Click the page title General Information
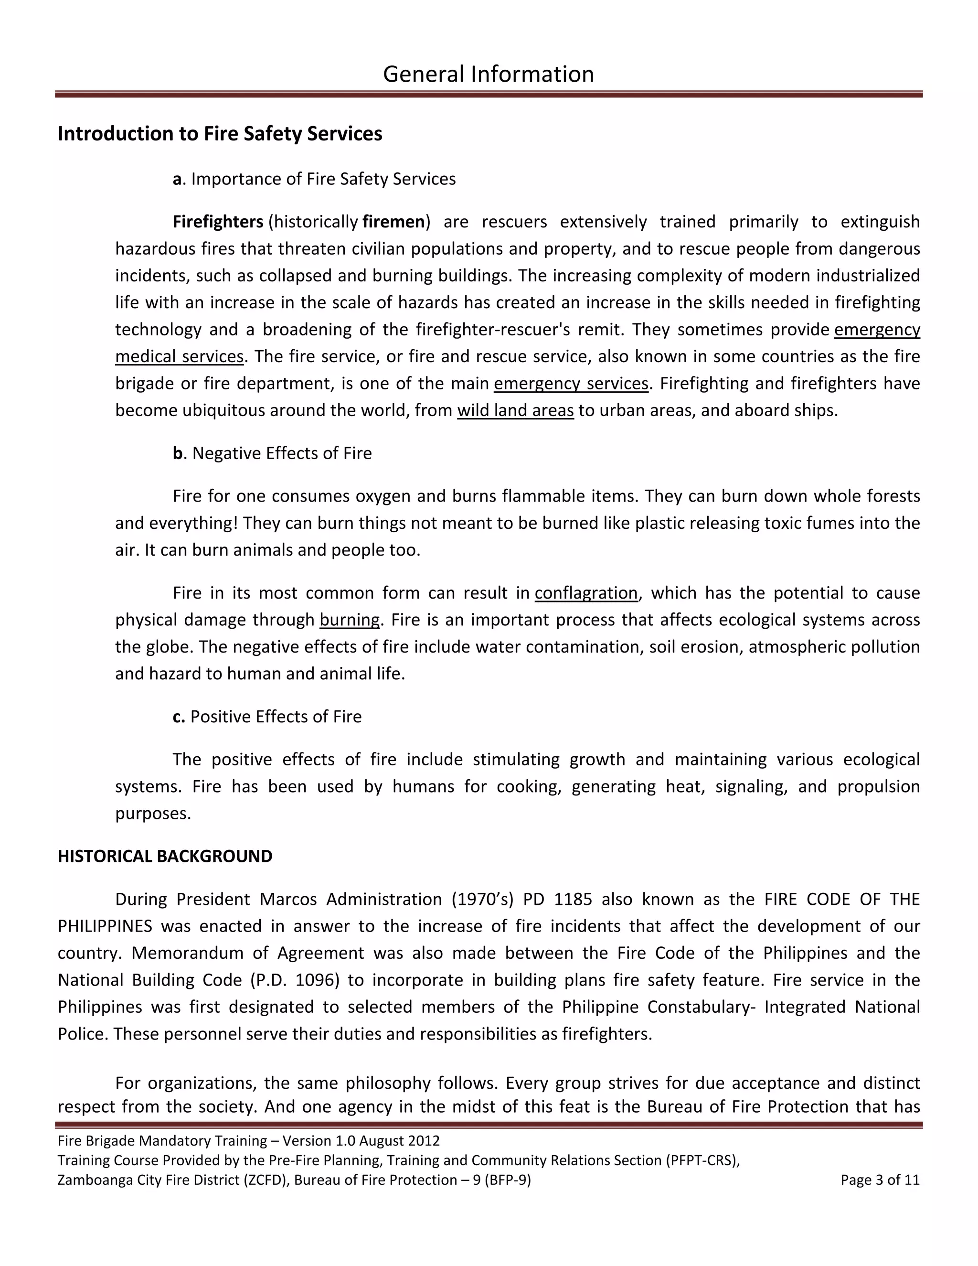click(488, 74)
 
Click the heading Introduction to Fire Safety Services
click(220, 134)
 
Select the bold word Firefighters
click(218, 222)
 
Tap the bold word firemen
click(393, 222)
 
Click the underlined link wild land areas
click(515, 410)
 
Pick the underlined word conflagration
click(586, 593)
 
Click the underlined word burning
click(350, 620)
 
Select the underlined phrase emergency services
click(571, 383)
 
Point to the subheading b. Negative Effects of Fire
click(272, 453)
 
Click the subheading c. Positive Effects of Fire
click(267, 717)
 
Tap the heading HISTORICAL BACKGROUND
click(165, 856)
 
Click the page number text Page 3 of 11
click(880, 1180)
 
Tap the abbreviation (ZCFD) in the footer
click(263, 1180)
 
